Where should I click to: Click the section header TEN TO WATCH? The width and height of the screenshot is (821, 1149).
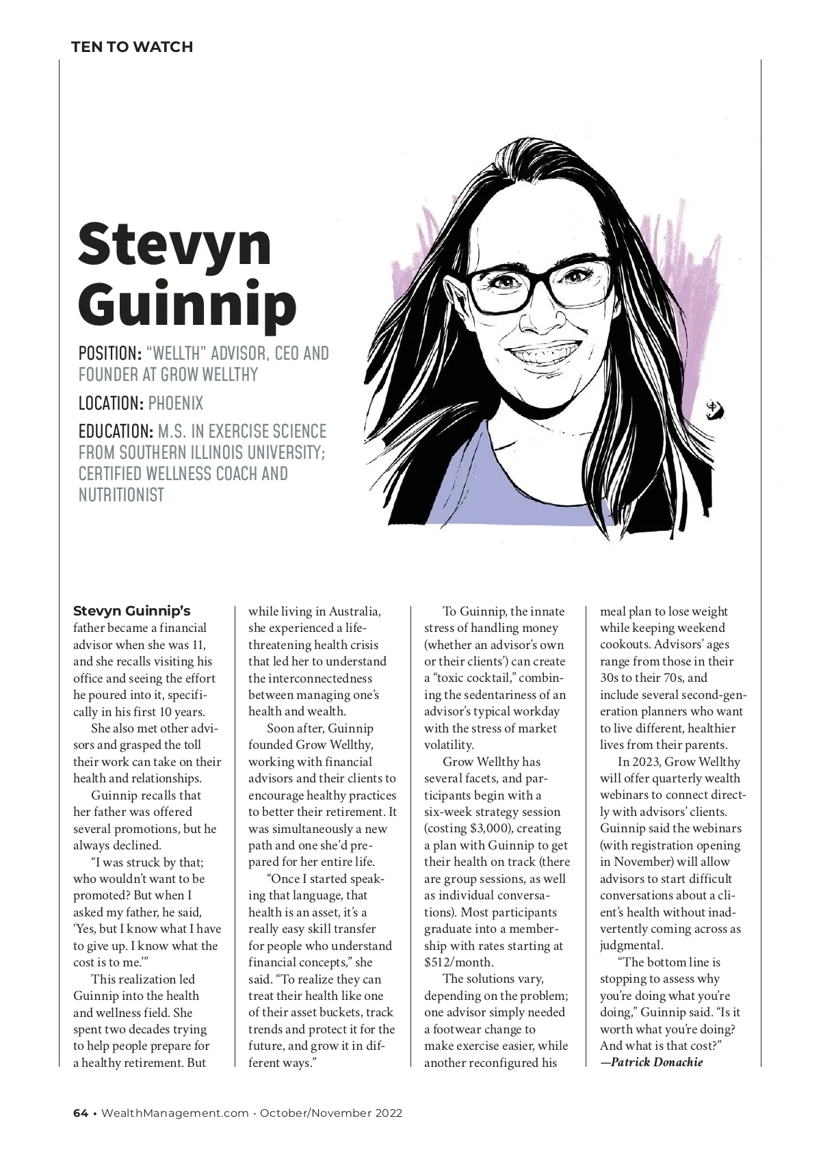[x=132, y=47]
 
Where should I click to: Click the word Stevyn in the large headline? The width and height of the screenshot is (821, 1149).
[x=174, y=243]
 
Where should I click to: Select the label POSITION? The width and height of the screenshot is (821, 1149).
[x=109, y=354]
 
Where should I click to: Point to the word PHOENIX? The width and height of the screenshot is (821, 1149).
[x=176, y=403]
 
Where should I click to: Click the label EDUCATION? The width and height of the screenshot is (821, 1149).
[x=116, y=432]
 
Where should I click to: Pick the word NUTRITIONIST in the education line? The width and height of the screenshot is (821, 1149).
[x=121, y=494]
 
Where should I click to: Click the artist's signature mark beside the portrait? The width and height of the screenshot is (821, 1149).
[x=715, y=411]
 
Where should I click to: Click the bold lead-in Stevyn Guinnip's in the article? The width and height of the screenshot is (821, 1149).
[x=131, y=611]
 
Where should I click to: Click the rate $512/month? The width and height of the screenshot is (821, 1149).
[x=458, y=962]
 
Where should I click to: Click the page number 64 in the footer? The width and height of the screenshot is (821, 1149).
[x=81, y=1113]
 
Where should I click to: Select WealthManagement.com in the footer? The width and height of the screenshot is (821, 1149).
[x=175, y=1113]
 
